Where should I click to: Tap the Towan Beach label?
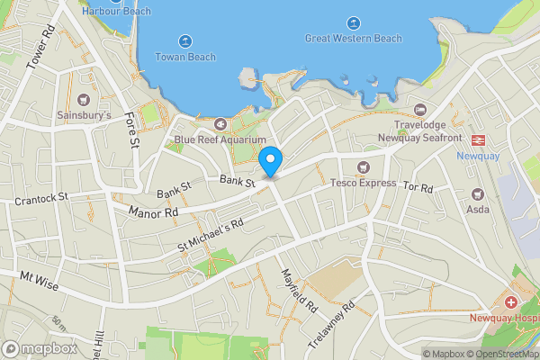click(x=185, y=57)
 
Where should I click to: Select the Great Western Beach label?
click(x=354, y=39)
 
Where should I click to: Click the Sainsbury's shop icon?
click(x=85, y=99)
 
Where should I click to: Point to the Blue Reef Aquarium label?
click(x=220, y=139)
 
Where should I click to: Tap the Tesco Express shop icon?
click(x=364, y=166)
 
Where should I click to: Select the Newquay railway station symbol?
click(x=477, y=139)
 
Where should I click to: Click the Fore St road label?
click(x=133, y=129)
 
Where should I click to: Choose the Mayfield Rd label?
click(x=300, y=290)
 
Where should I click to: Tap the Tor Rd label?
click(x=418, y=188)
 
